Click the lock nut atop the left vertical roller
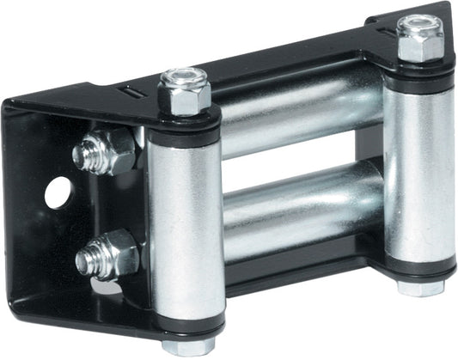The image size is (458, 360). (184, 94)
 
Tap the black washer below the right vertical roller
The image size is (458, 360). (419, 273)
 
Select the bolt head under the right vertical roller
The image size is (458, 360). (419, 289)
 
